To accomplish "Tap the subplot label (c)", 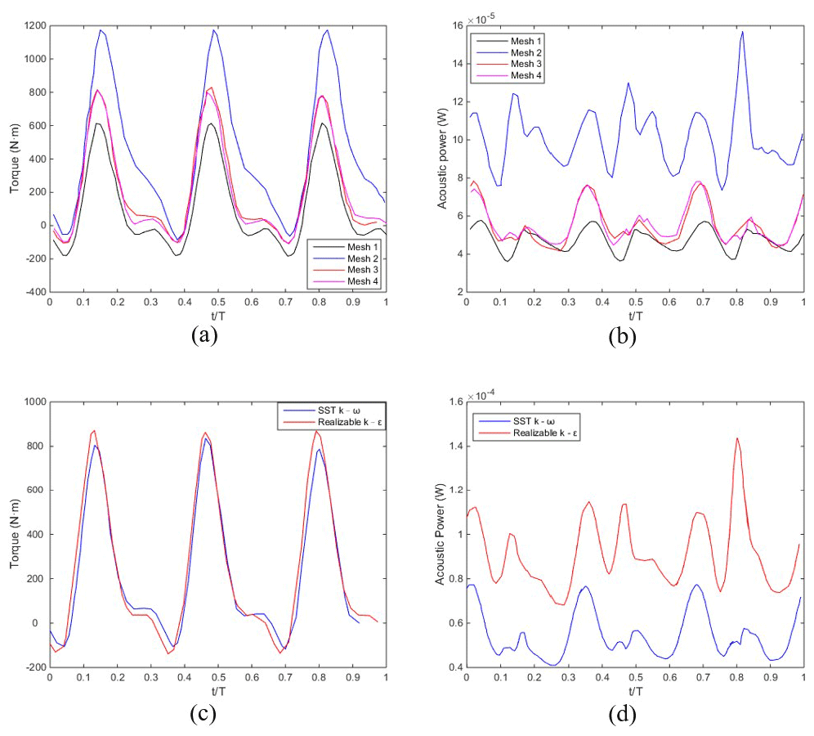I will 204,713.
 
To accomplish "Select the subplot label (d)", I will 623,713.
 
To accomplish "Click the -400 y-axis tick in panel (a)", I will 31,291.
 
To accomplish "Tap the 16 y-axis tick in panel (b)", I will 454,26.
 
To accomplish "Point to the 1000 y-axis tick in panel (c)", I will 31,402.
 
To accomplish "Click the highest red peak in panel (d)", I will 736,438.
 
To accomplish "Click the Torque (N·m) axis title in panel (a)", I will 14,159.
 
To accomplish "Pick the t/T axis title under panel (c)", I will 217,688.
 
